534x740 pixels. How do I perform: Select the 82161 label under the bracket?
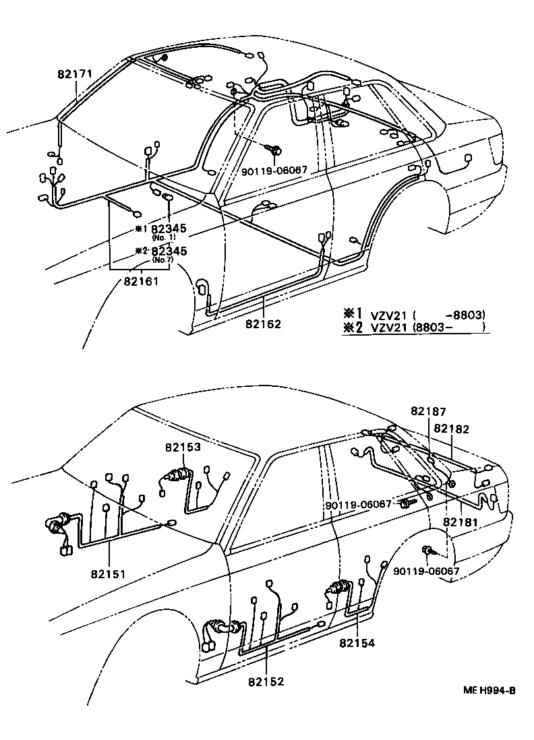click(141, 280)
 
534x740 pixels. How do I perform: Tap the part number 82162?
click(262, 323)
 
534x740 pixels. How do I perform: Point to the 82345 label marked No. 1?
click(169, 228)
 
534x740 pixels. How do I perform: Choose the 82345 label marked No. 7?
click(169, 251)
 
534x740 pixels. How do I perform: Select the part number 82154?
click(357, 643)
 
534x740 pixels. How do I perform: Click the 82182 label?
click(452, 428)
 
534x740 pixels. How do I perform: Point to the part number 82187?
click(428, 410)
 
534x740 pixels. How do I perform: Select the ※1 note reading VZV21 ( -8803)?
click(414, 314)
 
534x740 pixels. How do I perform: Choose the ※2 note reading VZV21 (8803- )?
click(414, 328)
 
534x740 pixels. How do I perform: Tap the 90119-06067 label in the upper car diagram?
click(274, 171)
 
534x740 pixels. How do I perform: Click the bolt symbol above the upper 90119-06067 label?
click(276, 149)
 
